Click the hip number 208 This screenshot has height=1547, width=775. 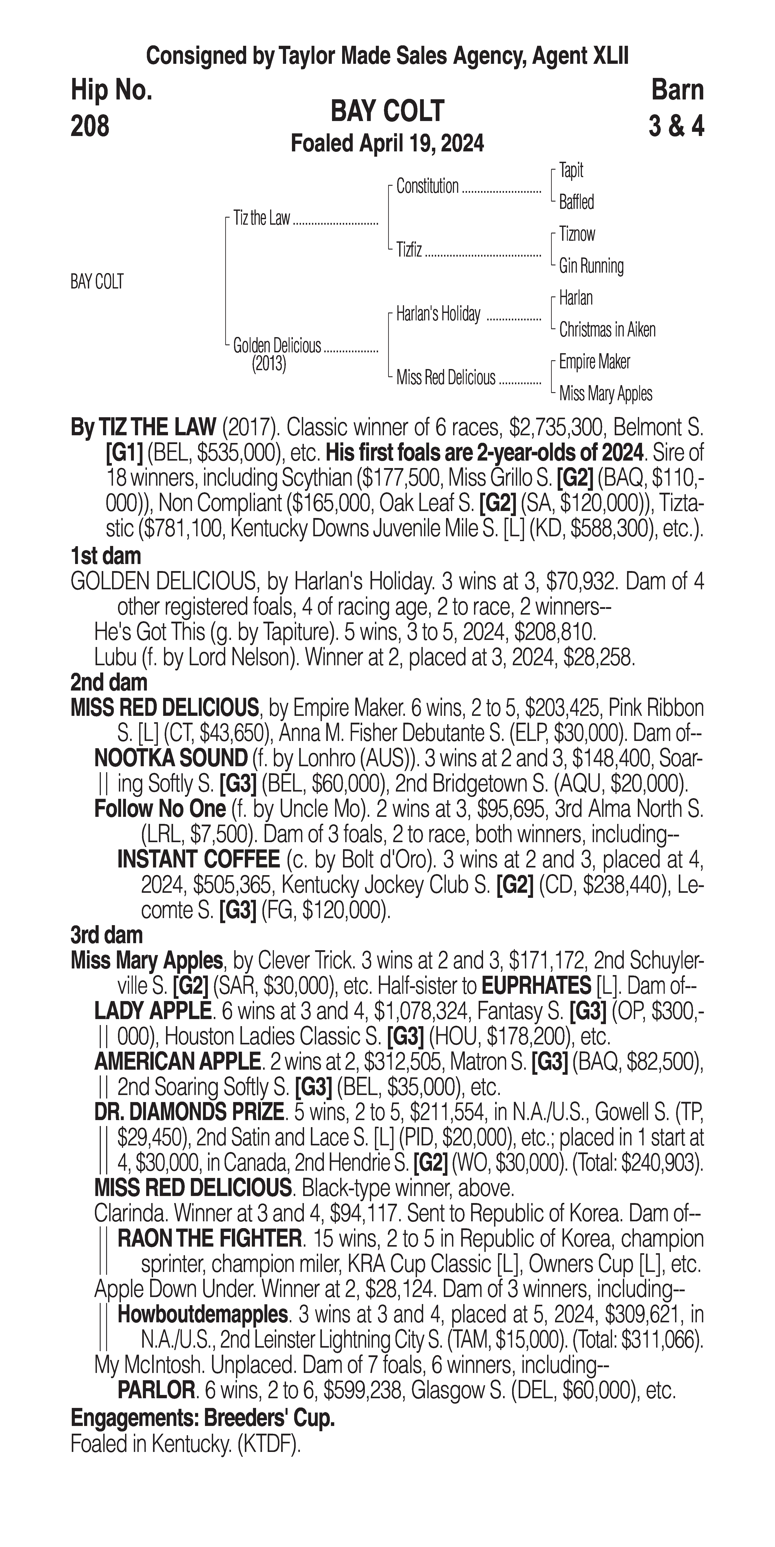click(90, 126)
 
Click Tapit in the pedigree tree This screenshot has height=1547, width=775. click(571, 171)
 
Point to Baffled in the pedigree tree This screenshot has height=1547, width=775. click(576, 202)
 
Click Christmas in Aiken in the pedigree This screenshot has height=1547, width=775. click(607, 330)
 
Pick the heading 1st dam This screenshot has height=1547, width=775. click(106, 556)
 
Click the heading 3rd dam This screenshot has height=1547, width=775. click(107, 935)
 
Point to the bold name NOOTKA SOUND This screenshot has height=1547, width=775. click(171, 759)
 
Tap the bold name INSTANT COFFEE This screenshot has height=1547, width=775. click(198, 859)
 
